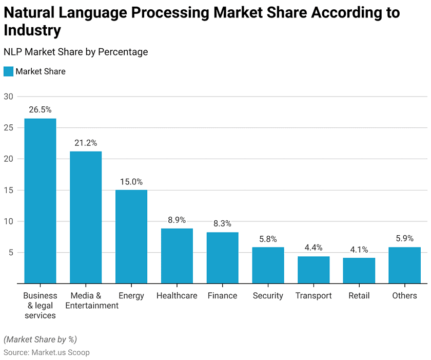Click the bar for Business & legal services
click(x=40, y=201)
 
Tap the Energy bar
click(x=131, y=237)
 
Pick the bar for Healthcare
click(x=177, y=256)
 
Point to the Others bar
click(x=404, y=265)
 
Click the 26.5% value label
click(x=40, y=110)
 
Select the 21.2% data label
click(x=86, y=143)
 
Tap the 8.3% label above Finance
click(x=222, y=224)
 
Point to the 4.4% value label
click(x=314, y=248)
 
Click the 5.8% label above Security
click(x=268, y=239)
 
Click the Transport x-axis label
click(x=314, y=296)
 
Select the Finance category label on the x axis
click(x=222, y=296)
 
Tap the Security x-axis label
click(x=268, y=296)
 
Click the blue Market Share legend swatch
click(x=8, y=71)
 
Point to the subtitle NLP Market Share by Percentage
click(x=75, y=52)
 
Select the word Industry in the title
click(x=32, y=30)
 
